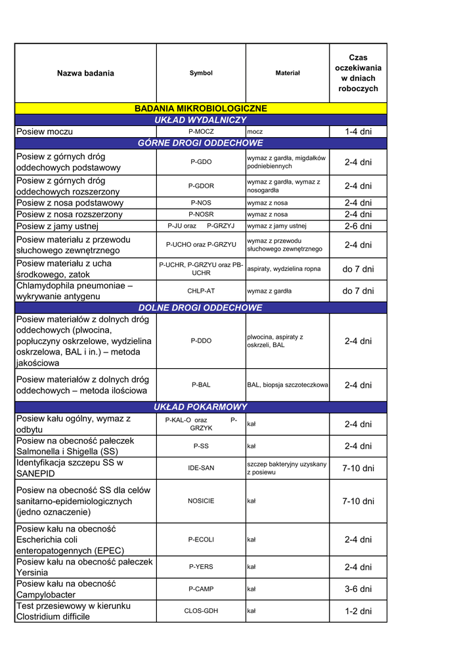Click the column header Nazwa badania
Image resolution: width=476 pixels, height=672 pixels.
(x=85, y=73)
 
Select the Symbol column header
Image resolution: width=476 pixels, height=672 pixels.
(x=201, y=73)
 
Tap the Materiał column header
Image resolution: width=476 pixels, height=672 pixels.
(x=288, y=73)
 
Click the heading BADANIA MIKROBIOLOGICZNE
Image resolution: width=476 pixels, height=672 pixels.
(x=201, y=108)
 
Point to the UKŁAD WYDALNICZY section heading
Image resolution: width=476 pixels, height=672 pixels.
(x=201, y=120)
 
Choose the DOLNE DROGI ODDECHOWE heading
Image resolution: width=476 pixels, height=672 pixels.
(x=200, y=307)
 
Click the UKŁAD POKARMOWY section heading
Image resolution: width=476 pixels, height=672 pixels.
(x=200, y=407)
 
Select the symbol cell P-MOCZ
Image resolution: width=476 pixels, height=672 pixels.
(x=201, y=132)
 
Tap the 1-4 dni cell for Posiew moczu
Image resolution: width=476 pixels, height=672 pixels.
(x=358, y=132)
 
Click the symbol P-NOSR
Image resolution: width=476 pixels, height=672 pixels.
(x=201, y=215)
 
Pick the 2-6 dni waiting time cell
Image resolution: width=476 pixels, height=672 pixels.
(x=358, y=226)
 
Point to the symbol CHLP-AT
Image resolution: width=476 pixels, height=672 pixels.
(x=201, y=291)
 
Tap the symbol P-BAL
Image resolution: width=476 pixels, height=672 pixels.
(x=201, y=385)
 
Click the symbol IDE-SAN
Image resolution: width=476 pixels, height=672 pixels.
(x=201, y=468)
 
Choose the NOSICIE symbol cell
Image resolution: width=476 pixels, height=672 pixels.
(x=201, y=501)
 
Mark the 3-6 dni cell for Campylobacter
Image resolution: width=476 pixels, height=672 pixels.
(x=358, y=589)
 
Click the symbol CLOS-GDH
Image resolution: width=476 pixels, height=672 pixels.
(x=201, y=611)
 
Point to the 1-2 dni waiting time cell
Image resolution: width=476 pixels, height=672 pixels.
(x=358, y=611)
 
